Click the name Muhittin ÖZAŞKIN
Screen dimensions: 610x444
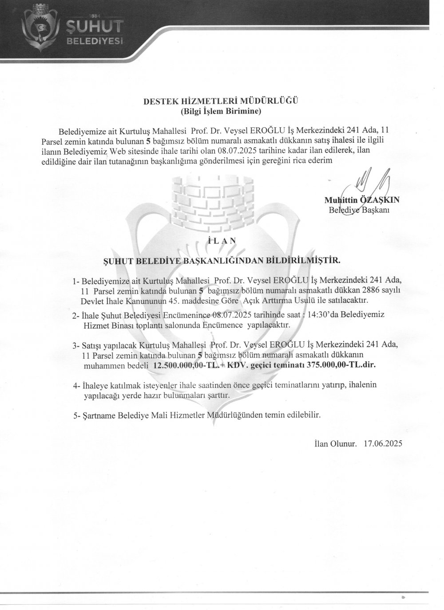pyautogui.click(x=362, y=200)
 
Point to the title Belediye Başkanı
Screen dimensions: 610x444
pyautogui.click(x=359, y=210)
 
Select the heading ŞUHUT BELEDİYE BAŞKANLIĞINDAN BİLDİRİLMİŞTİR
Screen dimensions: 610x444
pyautogui.click(x=222, y=260)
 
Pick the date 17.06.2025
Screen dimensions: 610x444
pyautogui.click(x=383, y=443)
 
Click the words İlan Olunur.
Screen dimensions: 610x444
pyautogui.click(x=333, y=443)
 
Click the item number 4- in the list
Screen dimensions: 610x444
pyautogui.click(x=77, y=386)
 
